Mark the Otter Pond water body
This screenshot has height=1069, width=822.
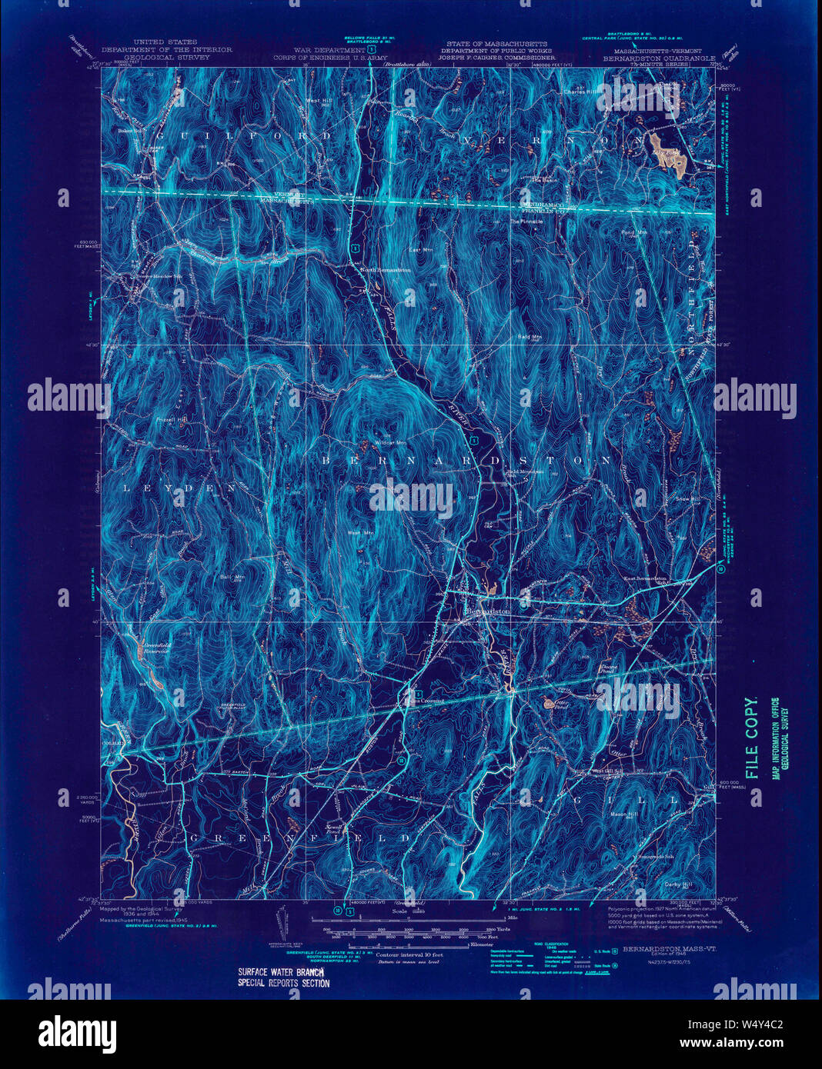point(549,701)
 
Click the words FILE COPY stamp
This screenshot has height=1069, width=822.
point(752,739)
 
